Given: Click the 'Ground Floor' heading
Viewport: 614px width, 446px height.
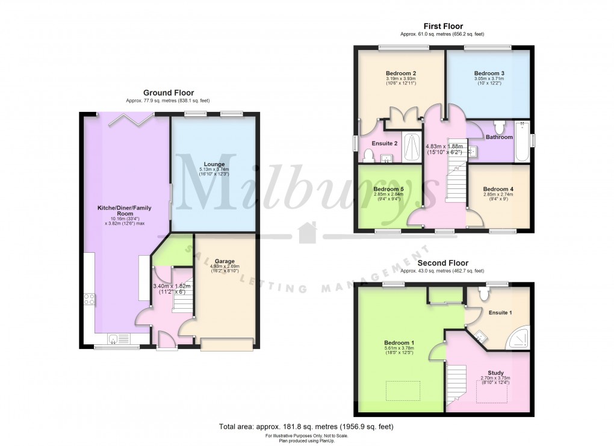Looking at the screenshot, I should [x=169, y=93].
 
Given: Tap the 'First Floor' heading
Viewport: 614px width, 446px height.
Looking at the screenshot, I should [x=443, y=26].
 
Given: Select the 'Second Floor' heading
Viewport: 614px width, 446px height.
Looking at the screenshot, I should [x=442, y=263].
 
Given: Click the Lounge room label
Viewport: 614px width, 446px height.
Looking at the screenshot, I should [x=214, y=164].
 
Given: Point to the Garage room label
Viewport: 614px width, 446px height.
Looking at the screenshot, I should [x=225, y=262].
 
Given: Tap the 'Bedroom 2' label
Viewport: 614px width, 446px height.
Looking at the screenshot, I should [x=401, y=73].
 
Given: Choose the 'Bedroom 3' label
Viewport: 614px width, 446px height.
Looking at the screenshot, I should [x=488, y=73].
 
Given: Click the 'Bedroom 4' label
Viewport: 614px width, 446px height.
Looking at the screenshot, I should [x=498, y=188].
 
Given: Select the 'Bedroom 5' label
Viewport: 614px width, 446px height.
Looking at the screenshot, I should [x=388, y=188].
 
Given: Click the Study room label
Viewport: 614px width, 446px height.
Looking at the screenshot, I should [x=496, y=373].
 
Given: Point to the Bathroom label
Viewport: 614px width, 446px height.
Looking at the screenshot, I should [x=499, y=137].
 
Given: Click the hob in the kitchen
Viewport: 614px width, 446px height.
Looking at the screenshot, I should [x=90, y=299].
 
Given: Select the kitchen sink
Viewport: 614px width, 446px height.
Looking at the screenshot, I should [x=116, y=338].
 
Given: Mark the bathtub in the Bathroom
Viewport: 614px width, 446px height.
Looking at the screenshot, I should [x=521, y=141].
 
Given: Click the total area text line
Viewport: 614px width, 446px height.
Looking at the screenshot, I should [x=306, y=427].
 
